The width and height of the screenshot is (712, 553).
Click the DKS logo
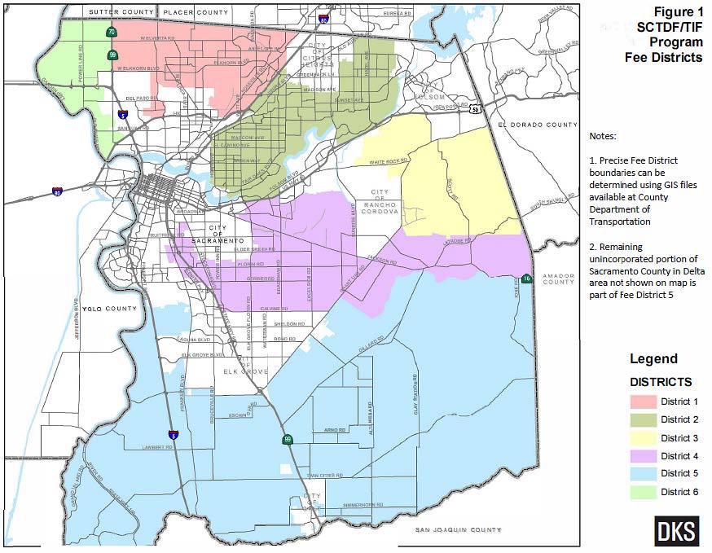coord(676,531)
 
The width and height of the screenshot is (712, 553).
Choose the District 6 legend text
coord(679,492)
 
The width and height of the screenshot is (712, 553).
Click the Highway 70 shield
coord(110,33)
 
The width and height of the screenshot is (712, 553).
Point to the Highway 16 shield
coord(526,279)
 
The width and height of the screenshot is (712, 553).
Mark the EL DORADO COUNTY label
coord(538,125)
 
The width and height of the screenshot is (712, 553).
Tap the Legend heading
coord(653,359)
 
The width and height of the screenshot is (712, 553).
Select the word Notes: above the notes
coord(604,136)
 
